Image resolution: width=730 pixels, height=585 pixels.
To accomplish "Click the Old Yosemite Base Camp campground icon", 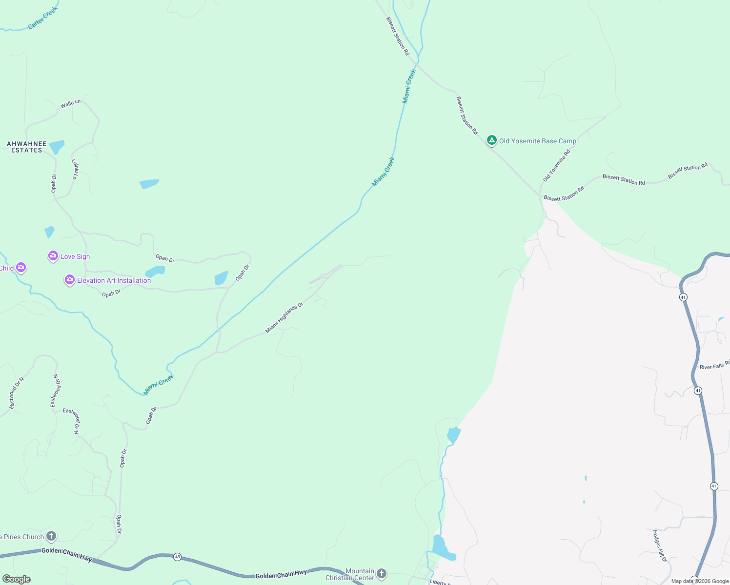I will [x=492, y=141].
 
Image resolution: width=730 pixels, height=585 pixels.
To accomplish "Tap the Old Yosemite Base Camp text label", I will [x=537, y=141].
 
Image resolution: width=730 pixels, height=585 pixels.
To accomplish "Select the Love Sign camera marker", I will [x=53, y=256].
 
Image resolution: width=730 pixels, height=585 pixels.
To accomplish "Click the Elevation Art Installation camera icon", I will [x=70, y=280].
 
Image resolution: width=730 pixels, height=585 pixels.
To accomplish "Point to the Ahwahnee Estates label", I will [x=27, y=147].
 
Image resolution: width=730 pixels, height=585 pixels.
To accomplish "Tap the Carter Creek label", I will [x=43, y=18].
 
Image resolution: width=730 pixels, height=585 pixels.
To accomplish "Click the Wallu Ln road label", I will [x=70, y=104].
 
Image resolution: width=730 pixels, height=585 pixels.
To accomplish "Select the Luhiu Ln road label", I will [x=75, y=169].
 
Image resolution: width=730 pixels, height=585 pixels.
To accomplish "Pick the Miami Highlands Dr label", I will [x=284, y=318].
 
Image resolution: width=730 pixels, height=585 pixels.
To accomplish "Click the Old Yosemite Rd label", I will [x=556, y=166].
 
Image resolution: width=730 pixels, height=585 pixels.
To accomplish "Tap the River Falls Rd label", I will [x=714, y=365].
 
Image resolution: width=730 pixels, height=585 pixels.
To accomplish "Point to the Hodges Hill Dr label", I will [x=660, y=546].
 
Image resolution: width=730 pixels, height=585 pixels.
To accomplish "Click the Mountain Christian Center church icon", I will [x=382, y=574].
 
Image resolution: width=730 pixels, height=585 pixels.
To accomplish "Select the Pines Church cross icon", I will [x=51, y=536].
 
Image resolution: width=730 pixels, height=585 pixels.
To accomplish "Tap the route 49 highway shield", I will [x=177, y=557].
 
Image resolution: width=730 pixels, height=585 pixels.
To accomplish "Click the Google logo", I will [x=17, y=579].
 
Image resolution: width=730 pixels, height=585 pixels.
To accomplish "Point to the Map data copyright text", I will [x=700, y=581].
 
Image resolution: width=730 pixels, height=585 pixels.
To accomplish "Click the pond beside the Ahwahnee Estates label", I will [x=57, y=146].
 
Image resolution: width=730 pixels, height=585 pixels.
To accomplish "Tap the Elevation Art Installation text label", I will [x=114, y=280].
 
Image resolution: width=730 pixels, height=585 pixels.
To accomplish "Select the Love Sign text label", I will [x=75, y=256].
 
